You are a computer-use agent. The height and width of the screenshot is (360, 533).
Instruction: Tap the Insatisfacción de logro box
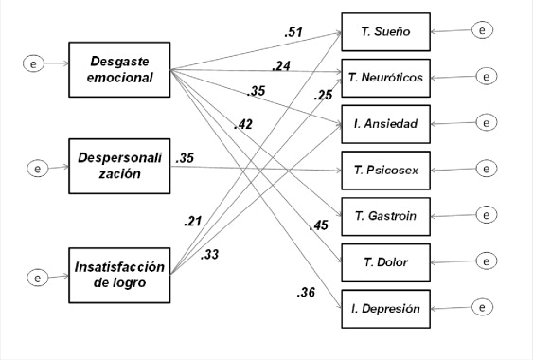click(x=119, y=273)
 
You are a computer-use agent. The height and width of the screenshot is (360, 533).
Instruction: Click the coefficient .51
click(x=293, y=33)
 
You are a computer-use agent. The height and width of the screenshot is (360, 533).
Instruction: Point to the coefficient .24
click(x=280, y=65)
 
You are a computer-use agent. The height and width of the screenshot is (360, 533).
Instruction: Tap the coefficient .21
click(x=193, y=222)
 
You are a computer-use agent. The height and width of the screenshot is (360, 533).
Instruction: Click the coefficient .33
click(x=210, y=254)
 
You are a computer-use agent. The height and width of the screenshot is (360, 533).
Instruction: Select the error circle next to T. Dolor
click(x=485, y=260)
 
